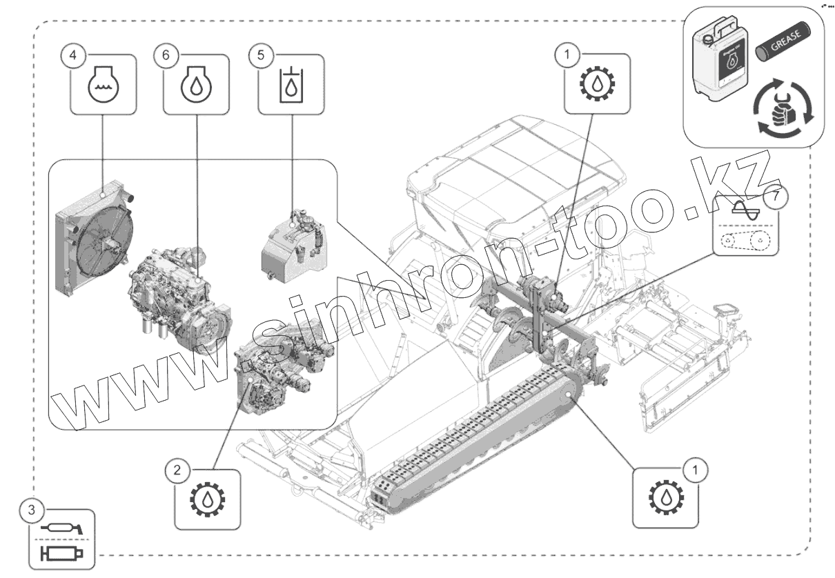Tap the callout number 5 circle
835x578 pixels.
click(x=260, y=56)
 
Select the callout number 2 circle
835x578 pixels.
click(x=177, y=471)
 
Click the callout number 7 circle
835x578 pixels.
click(x=776, y=197)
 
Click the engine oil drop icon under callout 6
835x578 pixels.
click(x=197, y=84)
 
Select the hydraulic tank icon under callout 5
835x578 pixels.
click(x=291, y=84)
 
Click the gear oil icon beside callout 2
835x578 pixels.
click(x=208, y=499)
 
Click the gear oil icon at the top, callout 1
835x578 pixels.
click(x=597, y=84)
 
